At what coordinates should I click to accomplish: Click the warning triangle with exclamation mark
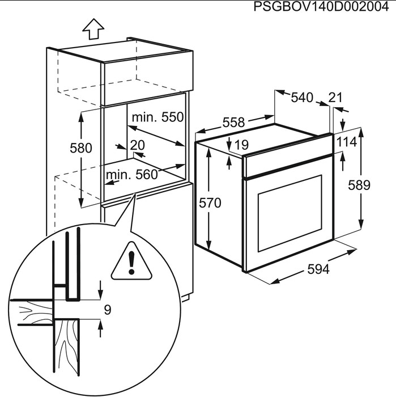[132, 263]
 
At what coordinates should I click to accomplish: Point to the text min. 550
[157, 117]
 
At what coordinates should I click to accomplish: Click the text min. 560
[131, 175]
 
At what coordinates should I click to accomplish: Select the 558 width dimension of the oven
[233, 122]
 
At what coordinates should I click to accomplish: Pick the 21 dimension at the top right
[335, 98]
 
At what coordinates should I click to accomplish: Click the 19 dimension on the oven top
[241, 145]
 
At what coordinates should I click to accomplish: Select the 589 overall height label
[359, 185]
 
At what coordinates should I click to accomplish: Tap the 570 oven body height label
[210, 202]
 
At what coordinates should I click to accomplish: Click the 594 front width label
[318, 270]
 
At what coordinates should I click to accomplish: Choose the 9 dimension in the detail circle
[108, 310]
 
